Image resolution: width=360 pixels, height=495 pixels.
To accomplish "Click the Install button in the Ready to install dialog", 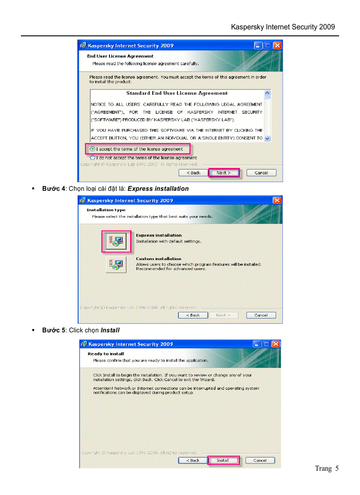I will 223,460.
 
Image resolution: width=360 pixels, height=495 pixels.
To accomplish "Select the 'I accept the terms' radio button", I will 92,149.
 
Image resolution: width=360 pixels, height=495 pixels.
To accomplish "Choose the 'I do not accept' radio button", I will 92,157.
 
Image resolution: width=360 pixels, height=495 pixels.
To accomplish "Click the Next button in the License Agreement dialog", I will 224,173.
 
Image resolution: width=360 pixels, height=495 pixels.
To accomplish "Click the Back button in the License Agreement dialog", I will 193,173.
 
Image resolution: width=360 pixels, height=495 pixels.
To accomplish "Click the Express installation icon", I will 116,241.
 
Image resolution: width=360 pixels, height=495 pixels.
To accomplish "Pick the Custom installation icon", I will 116,264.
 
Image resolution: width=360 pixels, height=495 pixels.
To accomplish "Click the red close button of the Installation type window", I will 277,201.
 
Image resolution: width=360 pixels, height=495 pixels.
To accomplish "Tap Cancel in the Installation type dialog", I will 261,315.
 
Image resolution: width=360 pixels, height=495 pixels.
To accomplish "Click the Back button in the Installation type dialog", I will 193,315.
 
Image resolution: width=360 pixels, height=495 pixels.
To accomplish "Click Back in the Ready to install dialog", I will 193,460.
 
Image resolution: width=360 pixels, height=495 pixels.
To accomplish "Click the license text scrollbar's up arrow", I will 267,93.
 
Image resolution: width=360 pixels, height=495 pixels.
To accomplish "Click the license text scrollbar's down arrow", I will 267,138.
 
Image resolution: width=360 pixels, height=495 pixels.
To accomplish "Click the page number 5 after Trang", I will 337,469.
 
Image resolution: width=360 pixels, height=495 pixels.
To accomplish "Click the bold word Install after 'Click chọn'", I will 110,330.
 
